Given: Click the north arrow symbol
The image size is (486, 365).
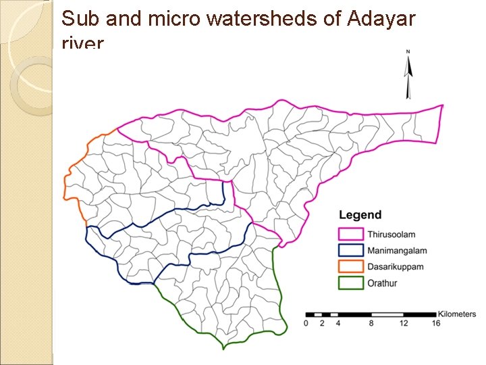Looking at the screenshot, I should point(408,74).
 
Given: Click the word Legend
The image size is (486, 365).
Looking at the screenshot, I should point(360,215).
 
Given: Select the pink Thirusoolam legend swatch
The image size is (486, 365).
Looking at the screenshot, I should point(351,234).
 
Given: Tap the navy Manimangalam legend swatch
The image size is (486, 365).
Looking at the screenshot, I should point(351,250).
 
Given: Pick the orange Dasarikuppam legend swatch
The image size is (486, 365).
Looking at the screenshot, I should point(351,266).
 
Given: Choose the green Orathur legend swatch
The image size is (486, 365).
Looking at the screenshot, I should point(351,283).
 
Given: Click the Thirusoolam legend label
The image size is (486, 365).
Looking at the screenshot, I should point(391,234).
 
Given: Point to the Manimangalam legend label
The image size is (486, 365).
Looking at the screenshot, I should point(397,250).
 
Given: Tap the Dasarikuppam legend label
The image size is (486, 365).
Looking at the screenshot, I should point(396,266).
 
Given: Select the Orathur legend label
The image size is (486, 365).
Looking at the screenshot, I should point(383,283).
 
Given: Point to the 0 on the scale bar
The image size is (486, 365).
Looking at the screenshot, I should point(306,324).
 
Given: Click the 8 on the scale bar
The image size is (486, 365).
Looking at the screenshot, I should point(371,324).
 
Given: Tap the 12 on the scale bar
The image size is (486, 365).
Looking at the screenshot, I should point(404,324).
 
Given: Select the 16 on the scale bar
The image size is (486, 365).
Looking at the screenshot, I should point(436,324).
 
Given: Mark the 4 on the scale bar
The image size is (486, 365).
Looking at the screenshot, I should point(338,324).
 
